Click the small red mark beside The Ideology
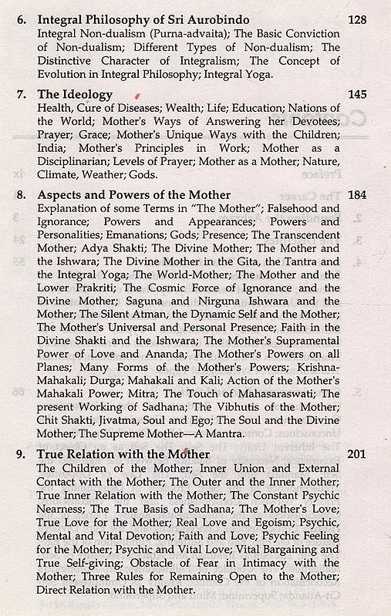tap(137, 96)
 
